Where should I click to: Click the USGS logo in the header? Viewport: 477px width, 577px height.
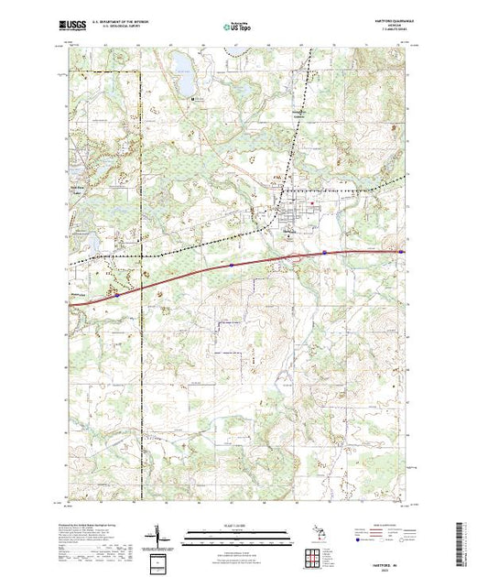(x=72, y=25)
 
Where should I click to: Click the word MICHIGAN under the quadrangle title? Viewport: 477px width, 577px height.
(x=385, y=27)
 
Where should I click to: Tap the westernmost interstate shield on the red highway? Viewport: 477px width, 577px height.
(x=118, y=295)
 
